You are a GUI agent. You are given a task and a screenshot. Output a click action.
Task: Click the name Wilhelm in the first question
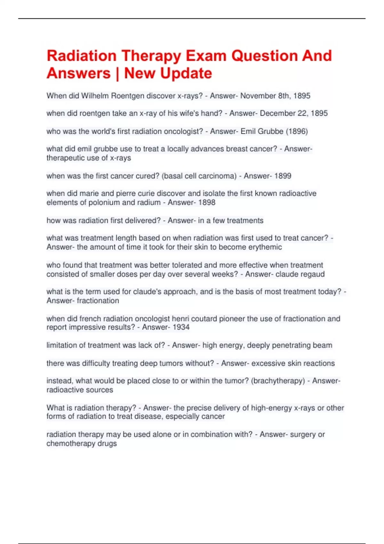pos(95,96)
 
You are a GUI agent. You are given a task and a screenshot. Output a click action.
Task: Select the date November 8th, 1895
pos(275,96)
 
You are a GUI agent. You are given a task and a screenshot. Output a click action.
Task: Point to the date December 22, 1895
pos(294,113)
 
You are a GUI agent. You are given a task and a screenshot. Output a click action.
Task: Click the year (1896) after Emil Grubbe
pos(297,131)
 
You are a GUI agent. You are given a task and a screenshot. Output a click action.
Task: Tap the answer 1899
pos(283,176)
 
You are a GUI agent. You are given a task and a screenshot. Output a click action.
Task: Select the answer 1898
pos(207,202)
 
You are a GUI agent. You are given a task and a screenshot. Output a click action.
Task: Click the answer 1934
pos(181,327)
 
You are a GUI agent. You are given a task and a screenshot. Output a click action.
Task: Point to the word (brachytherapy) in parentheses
pos(278,381)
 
